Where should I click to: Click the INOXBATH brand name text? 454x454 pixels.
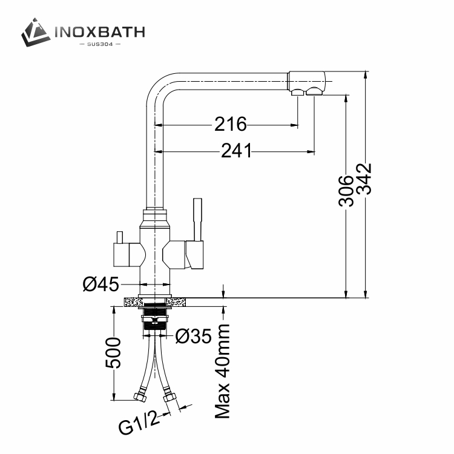point(100,32)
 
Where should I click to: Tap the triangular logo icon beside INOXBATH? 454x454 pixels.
point(35,32)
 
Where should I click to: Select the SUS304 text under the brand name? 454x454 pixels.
point(100,44)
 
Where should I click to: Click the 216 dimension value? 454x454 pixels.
point(231,124)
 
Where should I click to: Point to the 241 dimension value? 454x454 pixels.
point(236,151)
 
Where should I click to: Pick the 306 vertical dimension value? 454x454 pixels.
point(346,191)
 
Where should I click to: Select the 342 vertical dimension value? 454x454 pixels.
point(364,179)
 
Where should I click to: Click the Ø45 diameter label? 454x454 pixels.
point(100,284)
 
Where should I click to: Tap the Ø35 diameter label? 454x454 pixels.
point(194,336)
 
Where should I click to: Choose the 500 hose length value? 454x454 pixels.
point(113,353)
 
